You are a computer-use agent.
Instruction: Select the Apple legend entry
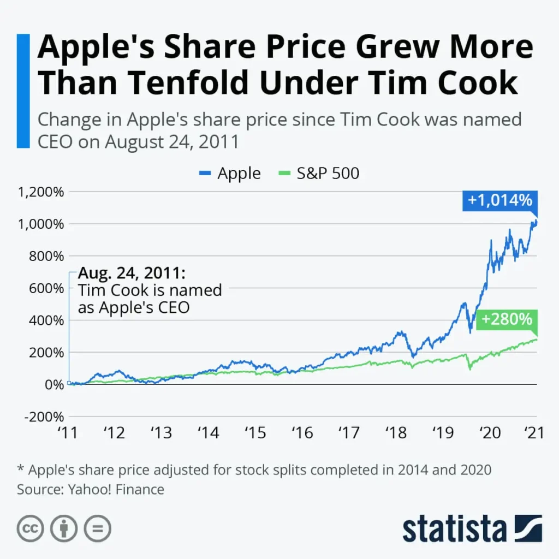tap(229, 174)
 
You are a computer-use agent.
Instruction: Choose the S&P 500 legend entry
tap(319, 174)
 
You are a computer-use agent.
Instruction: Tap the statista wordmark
tap(454, 528)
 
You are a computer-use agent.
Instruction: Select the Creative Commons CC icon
tap(31, 528)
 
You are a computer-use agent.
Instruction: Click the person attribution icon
tap(64, 528)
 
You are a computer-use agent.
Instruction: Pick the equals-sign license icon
tap(97, 528)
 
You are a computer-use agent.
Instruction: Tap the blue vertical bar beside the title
tap(22, 91)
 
